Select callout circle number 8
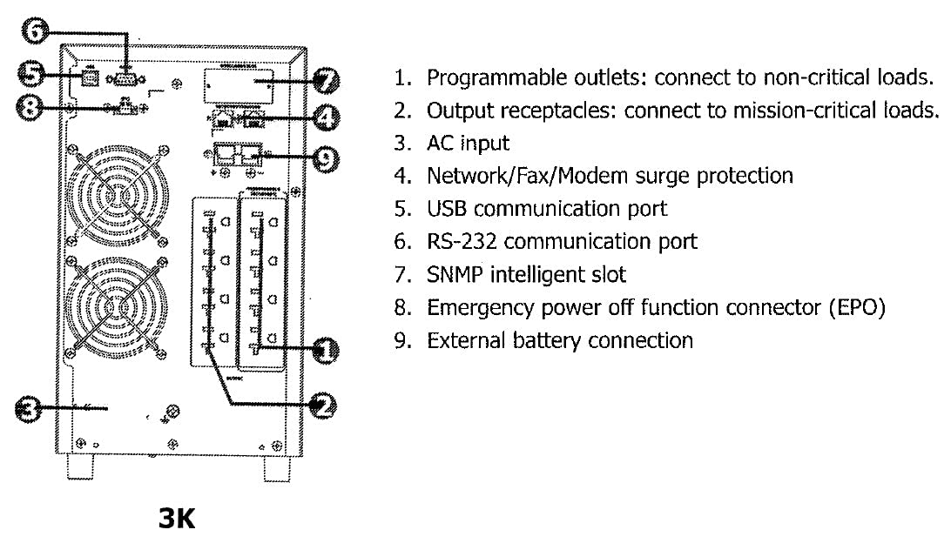coord(32,107)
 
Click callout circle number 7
coord(325,82)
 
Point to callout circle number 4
coord(325,117)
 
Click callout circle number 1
coord(325,351)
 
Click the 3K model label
coord(177,520)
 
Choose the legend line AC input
coord(468,143)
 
